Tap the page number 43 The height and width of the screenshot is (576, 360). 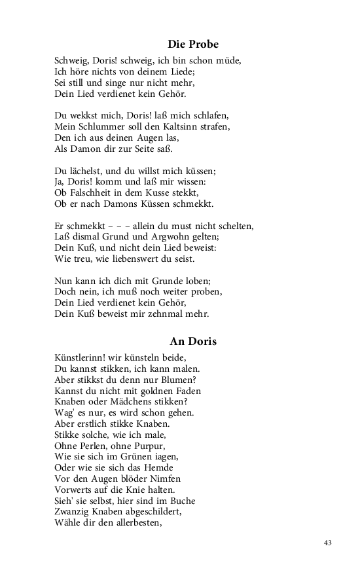point(328,543)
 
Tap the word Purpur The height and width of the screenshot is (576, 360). point(153,446)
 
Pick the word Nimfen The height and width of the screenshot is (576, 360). point(162,479)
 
